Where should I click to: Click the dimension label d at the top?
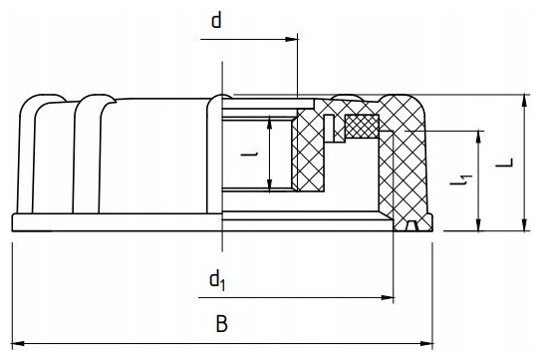coord(216,21)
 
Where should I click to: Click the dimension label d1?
coord(217,280)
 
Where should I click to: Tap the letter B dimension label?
coord(221,324)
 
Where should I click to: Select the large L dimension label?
coord(504,163)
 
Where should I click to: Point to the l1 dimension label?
coord(461,179)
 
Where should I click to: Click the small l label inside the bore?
coord(249,155)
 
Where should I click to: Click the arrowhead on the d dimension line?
coord(291,39)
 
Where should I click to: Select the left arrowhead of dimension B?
coord(18,344)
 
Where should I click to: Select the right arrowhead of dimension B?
coord(426,344)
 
